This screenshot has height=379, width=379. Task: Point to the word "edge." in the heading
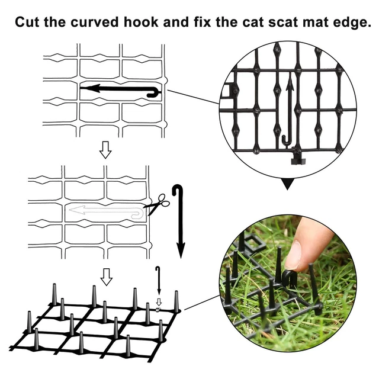click(x=352, y=23)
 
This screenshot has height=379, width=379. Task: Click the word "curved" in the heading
click(x=95, y=22)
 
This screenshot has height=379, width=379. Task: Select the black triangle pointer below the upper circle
click(x=287, y=184)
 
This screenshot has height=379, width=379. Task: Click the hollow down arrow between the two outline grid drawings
click(x=105, y=150)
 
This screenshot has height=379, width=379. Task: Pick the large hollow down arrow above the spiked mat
click(x=107, y=277)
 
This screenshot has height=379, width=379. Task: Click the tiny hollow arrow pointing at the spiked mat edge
click(x=159, y=302)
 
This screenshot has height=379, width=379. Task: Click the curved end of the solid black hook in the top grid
click(x=154, y=93)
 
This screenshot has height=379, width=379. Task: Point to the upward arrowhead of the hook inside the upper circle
click(x=290, y=82)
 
